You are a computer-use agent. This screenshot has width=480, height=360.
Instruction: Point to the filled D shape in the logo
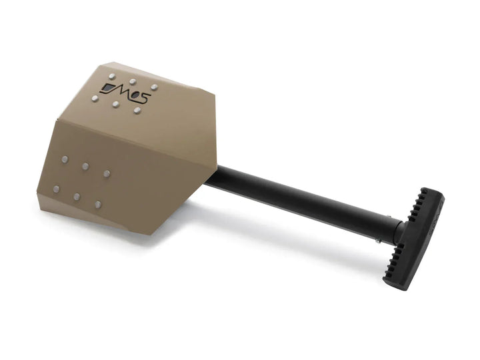(x=107, y=90)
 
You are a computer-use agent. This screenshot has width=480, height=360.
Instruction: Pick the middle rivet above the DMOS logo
(x=132, y=81)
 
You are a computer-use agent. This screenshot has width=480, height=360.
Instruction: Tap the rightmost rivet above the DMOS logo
(x=154, y=87)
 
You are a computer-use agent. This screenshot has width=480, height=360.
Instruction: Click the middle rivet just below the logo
(x=115, y=105)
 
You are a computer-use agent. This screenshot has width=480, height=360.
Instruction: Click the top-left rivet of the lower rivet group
(x=65, y=159)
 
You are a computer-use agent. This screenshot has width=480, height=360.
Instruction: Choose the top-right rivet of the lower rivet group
(x=107, y=173)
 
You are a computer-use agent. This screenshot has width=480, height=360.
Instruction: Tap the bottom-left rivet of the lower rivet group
(x=56, y=189)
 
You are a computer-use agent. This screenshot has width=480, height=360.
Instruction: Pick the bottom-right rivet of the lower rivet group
(x=98, y=204)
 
